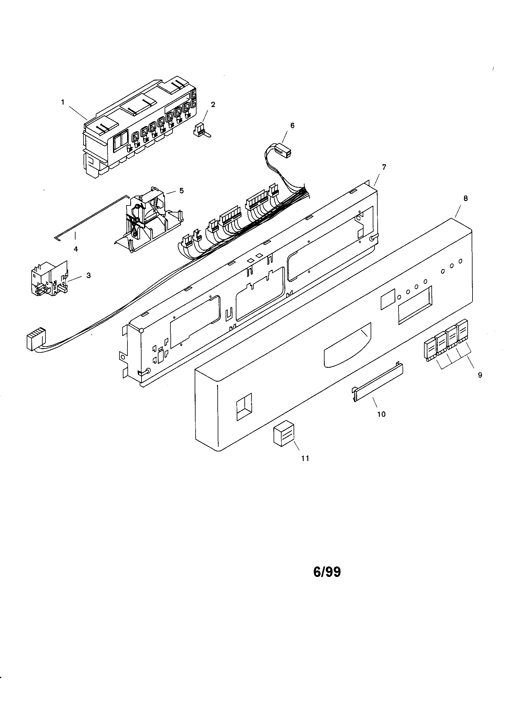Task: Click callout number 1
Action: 63,102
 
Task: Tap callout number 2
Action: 213,105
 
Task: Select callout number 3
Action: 88,275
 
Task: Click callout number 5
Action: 181,191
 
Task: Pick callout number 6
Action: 292,125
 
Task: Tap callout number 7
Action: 384,167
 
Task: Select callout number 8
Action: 465,198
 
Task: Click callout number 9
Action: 480,375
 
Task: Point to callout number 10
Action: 381,414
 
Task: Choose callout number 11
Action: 305,458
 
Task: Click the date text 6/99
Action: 327,572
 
